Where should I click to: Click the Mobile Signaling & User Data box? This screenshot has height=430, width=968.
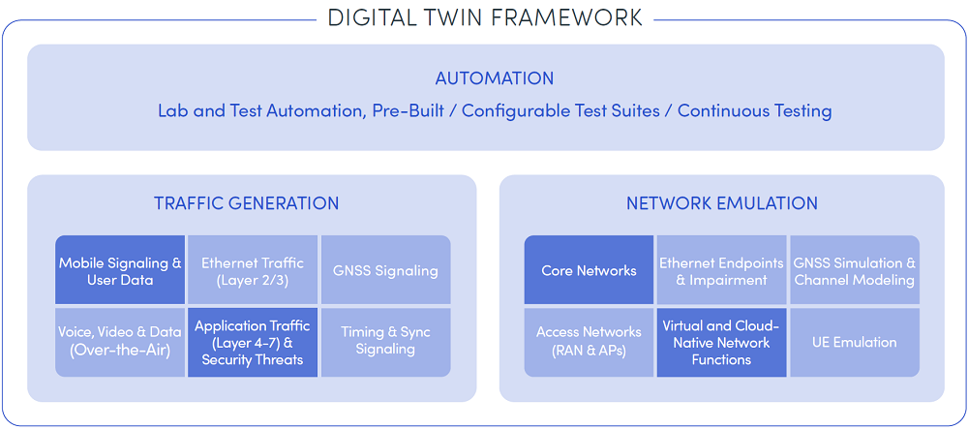click(120, 270)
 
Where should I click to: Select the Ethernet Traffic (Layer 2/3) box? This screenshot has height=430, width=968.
click(253, 270)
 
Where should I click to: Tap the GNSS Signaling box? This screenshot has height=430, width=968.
click(386, 270)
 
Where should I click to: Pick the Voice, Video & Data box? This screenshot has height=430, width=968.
click(120, 342)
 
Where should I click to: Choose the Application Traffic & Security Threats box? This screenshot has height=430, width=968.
click(253, 342)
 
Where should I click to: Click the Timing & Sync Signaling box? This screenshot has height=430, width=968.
click(386, 342)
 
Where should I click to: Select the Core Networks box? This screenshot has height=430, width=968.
click(589, 270)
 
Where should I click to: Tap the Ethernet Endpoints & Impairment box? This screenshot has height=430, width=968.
click(722, 270)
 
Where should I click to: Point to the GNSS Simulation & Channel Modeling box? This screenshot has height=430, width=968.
click(855, 270)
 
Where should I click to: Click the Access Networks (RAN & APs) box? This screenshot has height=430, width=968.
click(589, 342)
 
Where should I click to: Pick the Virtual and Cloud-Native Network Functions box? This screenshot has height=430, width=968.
click(722, 342)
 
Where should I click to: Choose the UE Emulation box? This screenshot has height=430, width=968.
click(855, 342)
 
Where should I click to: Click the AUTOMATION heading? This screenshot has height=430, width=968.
click(495, 78)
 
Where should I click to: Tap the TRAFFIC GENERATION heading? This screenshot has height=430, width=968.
click(246, 202)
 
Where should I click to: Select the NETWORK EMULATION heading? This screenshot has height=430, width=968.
click(722, 202)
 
